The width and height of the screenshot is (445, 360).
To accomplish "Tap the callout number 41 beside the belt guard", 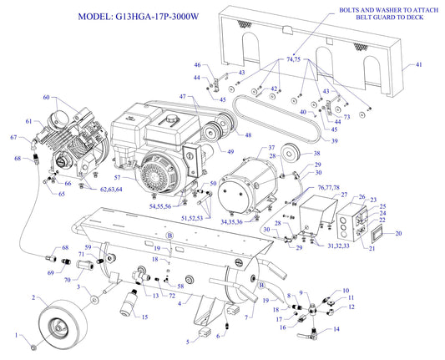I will point(419,64).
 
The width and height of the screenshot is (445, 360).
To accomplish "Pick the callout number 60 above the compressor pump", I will point(47,98).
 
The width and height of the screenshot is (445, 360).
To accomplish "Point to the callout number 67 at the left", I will point(13,138).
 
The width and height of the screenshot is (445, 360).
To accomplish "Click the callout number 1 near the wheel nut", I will point(13,335).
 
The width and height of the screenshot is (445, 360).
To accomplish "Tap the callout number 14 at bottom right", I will point(336,329).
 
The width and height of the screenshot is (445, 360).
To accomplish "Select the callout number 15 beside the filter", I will point(144,317).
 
